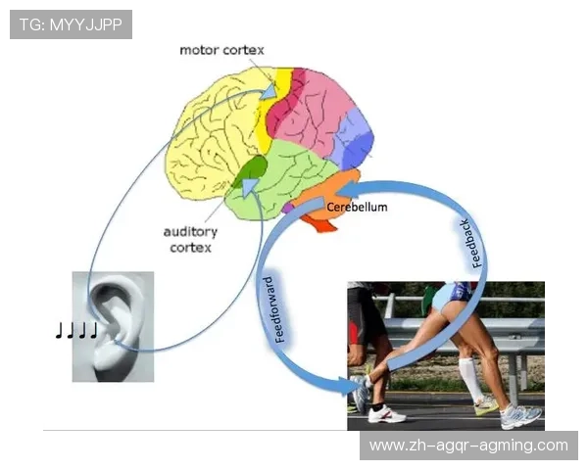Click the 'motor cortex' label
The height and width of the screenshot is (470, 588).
pyautogui.click(x=220, y=50)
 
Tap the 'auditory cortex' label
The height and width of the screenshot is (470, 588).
pyautogui.click(x=192, y=240)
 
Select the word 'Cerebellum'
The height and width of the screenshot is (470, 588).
pyautogui.click(x=357, y=208)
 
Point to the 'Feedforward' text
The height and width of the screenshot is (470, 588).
pyautogui.click(x=277, y=309)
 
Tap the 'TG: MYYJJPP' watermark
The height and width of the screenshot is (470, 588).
pyautogui.click(x=71, y=24)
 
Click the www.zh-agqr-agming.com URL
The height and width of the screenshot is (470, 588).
pyautogui.click(x=467, y=446)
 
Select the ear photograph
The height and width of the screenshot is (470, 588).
pyautogui.click(x=113, y=326)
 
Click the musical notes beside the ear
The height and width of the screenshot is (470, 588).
pyautogui.click(x=76, y=331)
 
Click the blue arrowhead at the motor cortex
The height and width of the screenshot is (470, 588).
pyautogui.click(x=266, y=90)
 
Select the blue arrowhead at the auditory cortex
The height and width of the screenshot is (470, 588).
pyautogui.click(x=251, y=186)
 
